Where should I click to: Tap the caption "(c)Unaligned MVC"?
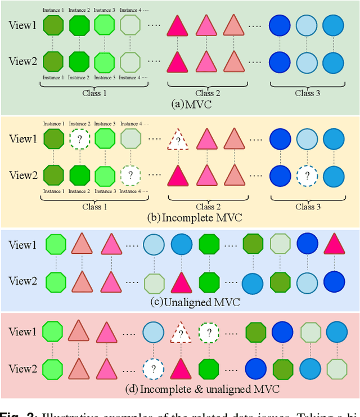point(196,302)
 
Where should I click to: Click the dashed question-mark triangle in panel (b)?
point(178,140)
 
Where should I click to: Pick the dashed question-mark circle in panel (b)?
point(307,175)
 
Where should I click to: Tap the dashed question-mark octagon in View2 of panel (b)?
point(130,175)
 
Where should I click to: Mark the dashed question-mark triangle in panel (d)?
point(181,333)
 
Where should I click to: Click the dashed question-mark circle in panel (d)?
point(153,369)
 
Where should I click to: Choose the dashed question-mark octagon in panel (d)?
point(209,333)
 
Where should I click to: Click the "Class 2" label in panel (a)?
point(208,93)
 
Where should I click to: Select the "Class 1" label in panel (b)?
point(94,207)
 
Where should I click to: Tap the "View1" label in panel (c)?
point(22,245)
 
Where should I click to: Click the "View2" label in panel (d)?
point(22,369)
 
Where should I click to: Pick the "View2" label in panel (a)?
point(22,61)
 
